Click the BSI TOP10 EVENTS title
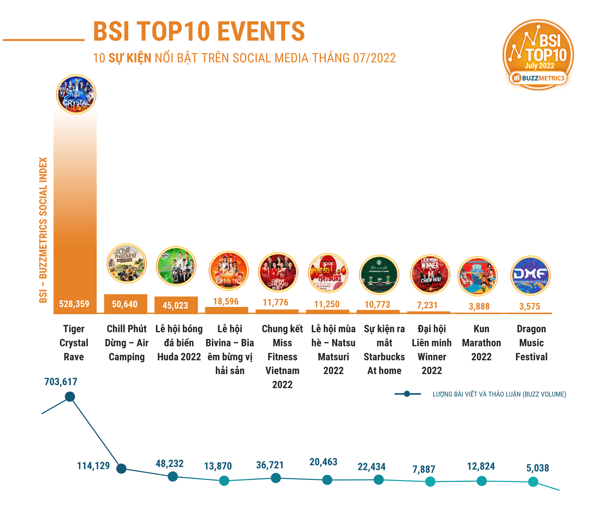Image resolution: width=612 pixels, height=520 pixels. tap(199, 31)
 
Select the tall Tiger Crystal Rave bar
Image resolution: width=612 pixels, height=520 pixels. tap(75, 214)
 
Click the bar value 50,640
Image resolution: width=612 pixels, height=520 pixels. tap(125, 304)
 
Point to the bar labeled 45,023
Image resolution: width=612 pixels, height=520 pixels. tap(176, 305)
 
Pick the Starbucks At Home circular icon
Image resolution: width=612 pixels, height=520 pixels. tap(379, 275)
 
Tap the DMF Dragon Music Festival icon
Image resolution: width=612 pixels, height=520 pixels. tap(530, 276)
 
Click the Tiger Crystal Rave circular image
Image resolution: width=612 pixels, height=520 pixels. tap(76, 95)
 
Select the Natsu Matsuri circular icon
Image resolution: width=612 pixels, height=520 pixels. tap(328, 273)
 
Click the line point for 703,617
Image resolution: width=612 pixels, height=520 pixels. tap(70, 397)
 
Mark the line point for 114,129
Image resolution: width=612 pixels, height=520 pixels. tap(121, 468)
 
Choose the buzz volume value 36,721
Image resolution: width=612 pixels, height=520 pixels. tap(270, 465)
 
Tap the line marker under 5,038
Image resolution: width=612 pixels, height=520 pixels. tap(533, 482)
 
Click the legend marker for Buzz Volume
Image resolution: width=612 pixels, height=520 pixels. tap(407, 394)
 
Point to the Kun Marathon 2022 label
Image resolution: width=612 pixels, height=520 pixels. tap(481, 343)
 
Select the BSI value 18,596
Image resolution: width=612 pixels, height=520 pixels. tap(226, 302)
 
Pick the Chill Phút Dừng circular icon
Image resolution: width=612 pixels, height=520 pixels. tap(127, 263)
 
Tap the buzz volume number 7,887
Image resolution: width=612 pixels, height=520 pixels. tap(424, 469)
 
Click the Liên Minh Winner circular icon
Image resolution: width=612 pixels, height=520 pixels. tap(430, 274)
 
